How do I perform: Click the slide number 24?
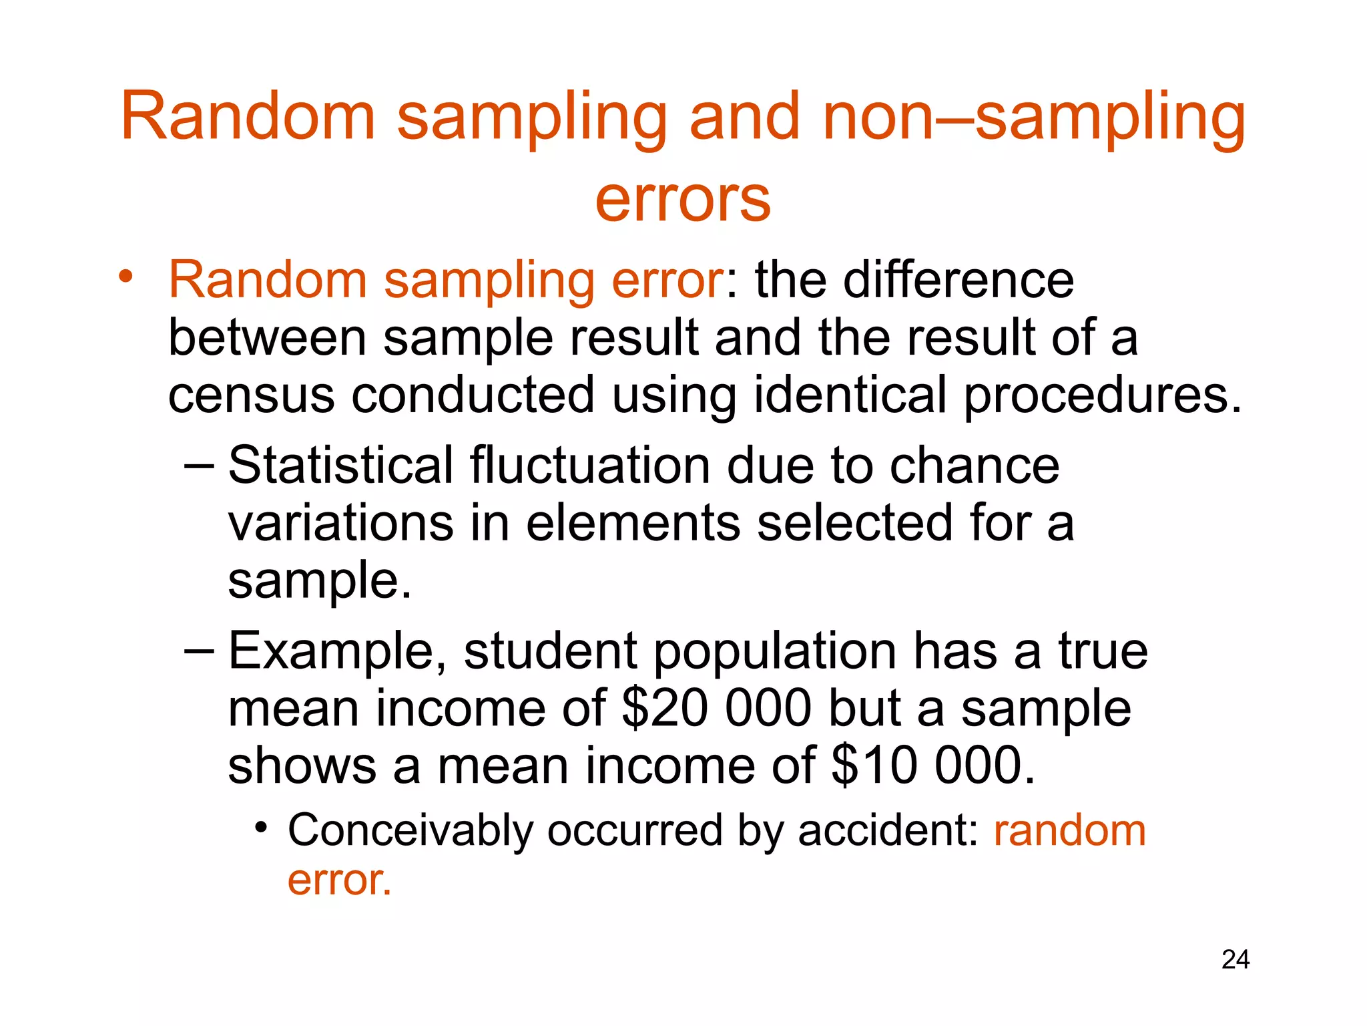(x=1235, y=959)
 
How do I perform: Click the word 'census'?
(x=251, y=395)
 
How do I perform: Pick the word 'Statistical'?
(x=340, y=465)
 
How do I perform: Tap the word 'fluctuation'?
(x=590, y=465)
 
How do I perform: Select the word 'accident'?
(x=888, y=831)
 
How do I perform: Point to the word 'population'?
(x=774, y=652)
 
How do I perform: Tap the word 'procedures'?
(x=1101, y=395)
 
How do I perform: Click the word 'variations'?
(x=340, y=523)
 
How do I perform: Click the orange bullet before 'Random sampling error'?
(x=126, y=276)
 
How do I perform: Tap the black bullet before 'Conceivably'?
(x=262, y=828)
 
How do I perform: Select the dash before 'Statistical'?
(x=199, y=466)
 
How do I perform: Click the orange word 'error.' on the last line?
(x=339, y=880)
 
